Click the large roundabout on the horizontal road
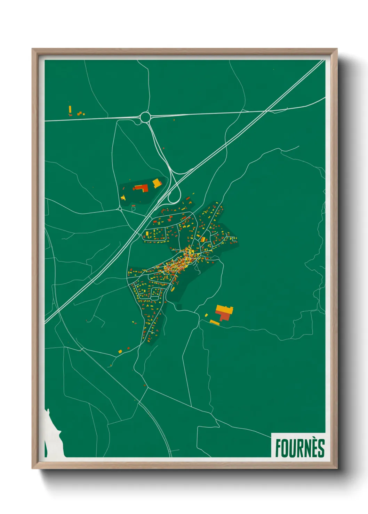145,117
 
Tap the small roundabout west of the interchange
120,209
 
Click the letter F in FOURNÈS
278,448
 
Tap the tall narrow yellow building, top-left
70,109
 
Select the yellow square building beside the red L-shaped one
157,183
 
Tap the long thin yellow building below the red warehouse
215,323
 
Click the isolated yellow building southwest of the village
120,351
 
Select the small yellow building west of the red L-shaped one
123,198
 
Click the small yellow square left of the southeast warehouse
206,315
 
